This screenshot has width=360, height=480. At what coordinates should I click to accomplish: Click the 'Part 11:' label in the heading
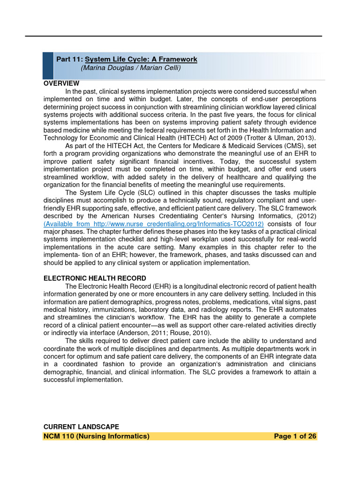pyautogui.click(x=69, y=60)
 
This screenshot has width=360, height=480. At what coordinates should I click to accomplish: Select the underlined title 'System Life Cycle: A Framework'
pyautogui.click(x=141, y=60)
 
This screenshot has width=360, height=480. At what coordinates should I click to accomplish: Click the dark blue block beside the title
pyautogui.click(x=48, y=66)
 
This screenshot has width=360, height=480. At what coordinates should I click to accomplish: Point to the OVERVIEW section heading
pyautogui.click(x=61, y=83)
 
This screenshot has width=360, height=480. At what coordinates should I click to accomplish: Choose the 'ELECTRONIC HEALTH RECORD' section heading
pyautogui.click(x=95, y=278)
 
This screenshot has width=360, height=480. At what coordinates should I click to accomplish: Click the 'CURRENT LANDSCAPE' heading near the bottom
pyautogui.click(x=81, y=427)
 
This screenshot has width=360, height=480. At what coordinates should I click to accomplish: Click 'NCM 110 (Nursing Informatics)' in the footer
pyautogui.click(x=97, y=436)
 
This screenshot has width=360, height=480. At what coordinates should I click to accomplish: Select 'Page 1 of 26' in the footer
pyautogui.click(x=295, y=436)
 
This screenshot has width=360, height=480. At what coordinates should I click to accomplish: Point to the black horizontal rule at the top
pyautogui.click(x=173, y=36)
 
